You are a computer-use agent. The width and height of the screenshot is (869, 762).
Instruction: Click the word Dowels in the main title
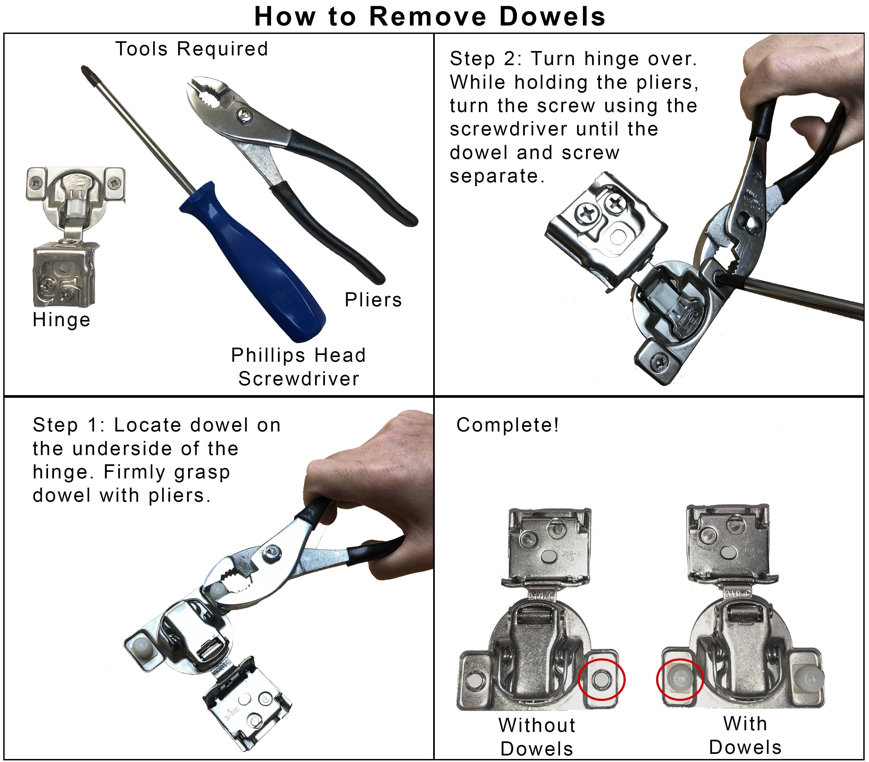[x=552, y=17]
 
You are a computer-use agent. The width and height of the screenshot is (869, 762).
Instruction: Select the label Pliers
[x=373, y=300]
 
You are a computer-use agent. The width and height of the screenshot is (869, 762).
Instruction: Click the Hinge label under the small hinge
[x=62, y=320]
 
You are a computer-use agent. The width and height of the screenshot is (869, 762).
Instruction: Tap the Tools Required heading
[x=192, y=49]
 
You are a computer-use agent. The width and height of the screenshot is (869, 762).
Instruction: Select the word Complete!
[x=508, y=425]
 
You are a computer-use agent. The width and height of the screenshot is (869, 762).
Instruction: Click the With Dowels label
[x=745, y=736]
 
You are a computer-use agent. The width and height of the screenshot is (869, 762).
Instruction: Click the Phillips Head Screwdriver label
[x=298, y=367]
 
